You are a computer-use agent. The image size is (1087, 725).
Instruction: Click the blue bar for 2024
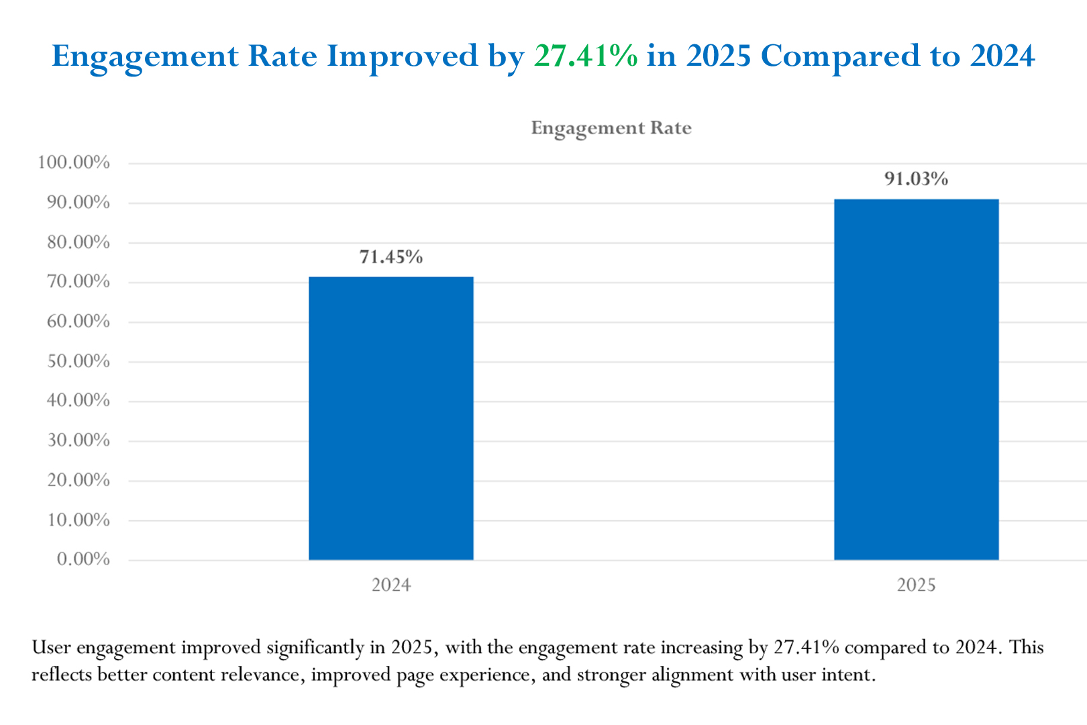pos(391,418)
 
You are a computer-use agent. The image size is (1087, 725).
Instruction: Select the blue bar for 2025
pos(916,379)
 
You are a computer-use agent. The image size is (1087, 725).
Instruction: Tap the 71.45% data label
pos(391,257)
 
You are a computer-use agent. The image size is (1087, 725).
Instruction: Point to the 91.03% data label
pos(916,179)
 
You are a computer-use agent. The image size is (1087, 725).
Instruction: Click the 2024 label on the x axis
pos(391,585)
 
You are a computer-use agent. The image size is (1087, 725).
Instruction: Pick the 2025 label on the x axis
pos(916,585)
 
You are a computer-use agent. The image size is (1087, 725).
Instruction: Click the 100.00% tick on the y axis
pos(73,162)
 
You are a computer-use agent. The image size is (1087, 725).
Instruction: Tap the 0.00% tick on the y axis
pos(83,559)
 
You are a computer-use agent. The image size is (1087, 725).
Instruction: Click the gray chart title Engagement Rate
pos(611,128)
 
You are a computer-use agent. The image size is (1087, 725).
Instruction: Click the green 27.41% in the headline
pos(586,56)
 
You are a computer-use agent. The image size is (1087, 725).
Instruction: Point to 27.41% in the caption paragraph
pos(806,648)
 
